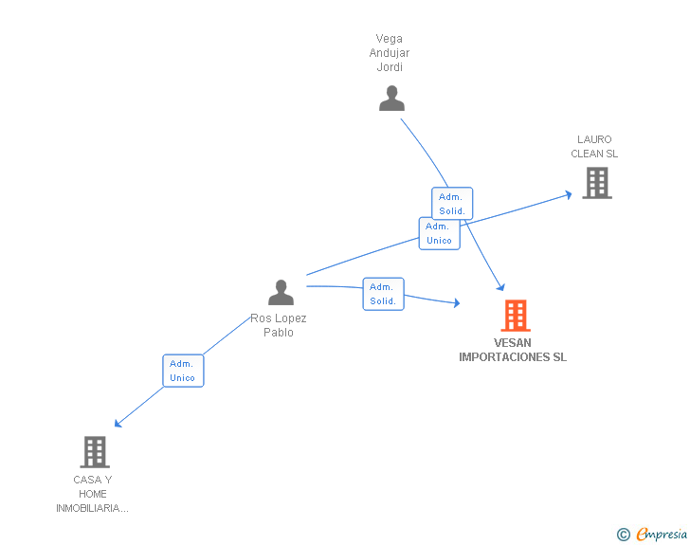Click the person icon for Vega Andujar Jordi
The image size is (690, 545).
pyautogui.click(x=391, y=99)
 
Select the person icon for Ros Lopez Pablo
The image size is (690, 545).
pyautogui.click(x=281, y=293)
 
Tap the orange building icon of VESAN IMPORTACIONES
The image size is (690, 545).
pyautogui.click(x=515, y=316)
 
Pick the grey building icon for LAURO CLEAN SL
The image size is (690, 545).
pyautogui.click(x=596, y=183)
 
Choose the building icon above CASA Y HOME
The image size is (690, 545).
pyautogui.click(x=95, y=452)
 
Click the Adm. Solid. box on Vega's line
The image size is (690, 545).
pyautogui.click(x=452, y=204)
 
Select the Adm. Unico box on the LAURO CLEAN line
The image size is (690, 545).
pyautogui.click(x=439, y=233)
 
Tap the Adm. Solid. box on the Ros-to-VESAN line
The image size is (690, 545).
pyautogui.click(x=383, y=294)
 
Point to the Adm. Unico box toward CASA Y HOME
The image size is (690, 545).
pyautogui.click(x=182, y=371)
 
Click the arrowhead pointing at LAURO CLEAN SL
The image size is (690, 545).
pyautogui.click(x=569, y=194)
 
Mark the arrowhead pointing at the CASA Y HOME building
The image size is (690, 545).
pyautogui.click(x=118, y=424)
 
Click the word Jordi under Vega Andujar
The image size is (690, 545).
pyautogui.click(x=390, y=67)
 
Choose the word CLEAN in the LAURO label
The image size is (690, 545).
pyautogui.click(x=587, y=154)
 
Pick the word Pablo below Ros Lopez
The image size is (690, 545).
pyautogui.click(x=279, y=333)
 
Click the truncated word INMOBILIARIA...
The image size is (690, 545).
pyautogui.click(x=92, y=508)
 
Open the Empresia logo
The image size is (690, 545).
pyautogui.click(x=662, y=535)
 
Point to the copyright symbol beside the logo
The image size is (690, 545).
pyautogui.click(x=624, y=536)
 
